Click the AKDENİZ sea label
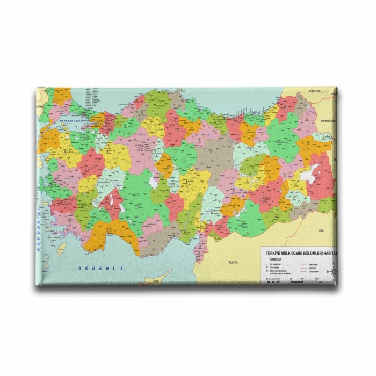click(101, 268)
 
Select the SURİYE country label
click(233, 262)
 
